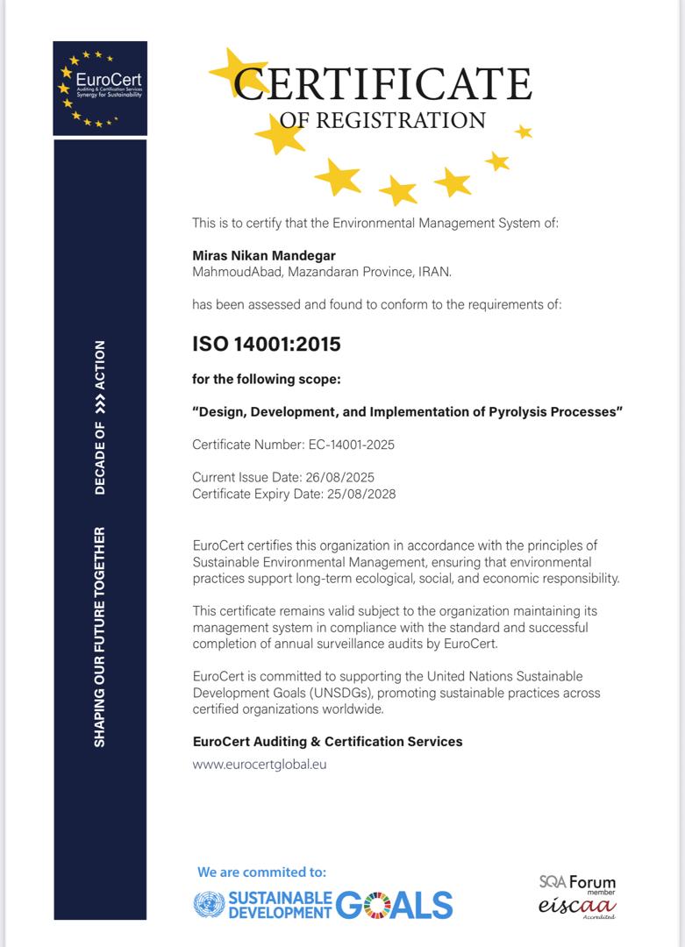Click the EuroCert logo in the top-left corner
tap(100, 88)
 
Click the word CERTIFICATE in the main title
tap(383, 84)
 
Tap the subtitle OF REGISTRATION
tap(383, 120)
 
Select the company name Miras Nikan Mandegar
tap(264, 255)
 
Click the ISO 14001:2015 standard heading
tap(266, 344)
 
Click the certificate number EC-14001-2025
tap(351, 445)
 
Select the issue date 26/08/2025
tap(339, 478)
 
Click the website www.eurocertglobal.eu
tap(260, 764)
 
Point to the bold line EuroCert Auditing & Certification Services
tap(327, 742)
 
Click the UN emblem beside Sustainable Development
tap(208, 904)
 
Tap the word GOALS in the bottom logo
tap(394, 904)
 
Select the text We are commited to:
tap(261, 872)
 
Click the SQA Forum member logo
tap(577, 883)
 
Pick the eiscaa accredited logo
tap(577, 906)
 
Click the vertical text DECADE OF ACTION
tap(100, 417)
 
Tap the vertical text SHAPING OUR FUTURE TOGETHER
tap(100, 637)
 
